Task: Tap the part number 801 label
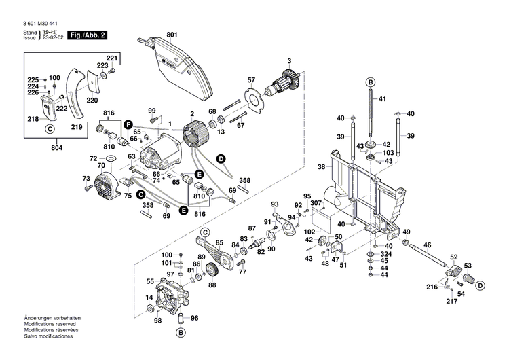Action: (171, 34)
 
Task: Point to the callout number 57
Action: (251, 80)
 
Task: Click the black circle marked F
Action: (128, 124)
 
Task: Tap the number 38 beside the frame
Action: (321, 166)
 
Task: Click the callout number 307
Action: (316, 202)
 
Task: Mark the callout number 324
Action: (384, 253)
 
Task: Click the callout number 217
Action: (449, 301)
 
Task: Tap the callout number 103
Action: (388, 153)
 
